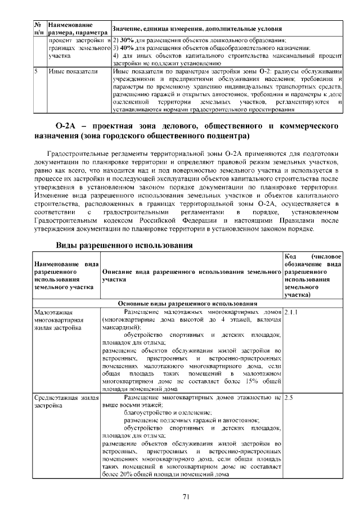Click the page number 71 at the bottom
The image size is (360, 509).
pyautogui.click(x=185, y=496)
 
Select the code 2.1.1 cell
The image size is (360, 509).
pyautogui.click(x=292, y=311)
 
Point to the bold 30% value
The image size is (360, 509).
pyautogui.click(x=126, y=41)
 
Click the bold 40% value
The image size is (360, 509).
pyautogui.click(x=126, y=48)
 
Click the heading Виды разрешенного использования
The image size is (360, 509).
pyautogui.click(x=124, y=246)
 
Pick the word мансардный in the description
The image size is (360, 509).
pyautogui.click(x=121, y=327)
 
